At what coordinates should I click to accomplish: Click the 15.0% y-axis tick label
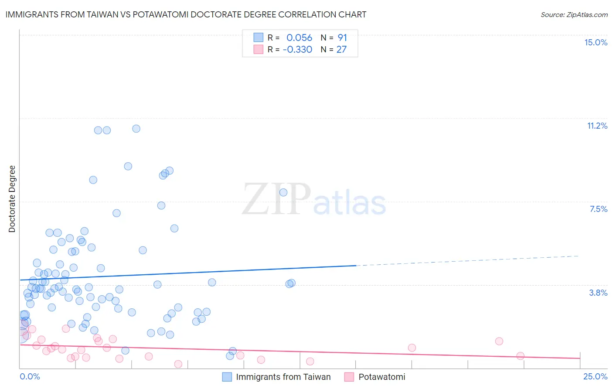(x=596, y=42)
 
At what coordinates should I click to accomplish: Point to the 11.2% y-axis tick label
(x=597, y=126)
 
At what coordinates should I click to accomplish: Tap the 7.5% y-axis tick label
(x=598, y=209)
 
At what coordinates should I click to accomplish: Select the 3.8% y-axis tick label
(x=598, y=293)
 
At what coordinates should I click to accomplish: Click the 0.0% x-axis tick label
(x=30, y=376)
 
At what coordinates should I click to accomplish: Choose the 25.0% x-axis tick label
(x=595, y=376)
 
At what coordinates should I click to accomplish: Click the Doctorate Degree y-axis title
(x=12, y=199)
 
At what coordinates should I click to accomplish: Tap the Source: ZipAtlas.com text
(x=574, y=14)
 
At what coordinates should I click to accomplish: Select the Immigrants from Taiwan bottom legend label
(x=283, y=377)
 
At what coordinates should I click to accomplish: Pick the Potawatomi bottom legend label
(x=381, y=377)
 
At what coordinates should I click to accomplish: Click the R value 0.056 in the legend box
(x=299, y=38)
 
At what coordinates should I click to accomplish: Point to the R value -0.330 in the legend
(x=297, y=49)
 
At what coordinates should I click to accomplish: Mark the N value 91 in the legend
(x=342, y=38)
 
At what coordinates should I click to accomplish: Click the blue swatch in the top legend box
(x=259, y=38)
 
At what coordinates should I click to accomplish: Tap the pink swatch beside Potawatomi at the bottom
(x=349, y=377)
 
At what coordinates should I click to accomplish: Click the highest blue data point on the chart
(x=136, y=129)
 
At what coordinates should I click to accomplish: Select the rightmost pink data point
(x=520, y=356)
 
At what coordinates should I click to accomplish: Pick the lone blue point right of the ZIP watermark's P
(x=283, y=192)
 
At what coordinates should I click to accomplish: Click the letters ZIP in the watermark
(x=276, y=199)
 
